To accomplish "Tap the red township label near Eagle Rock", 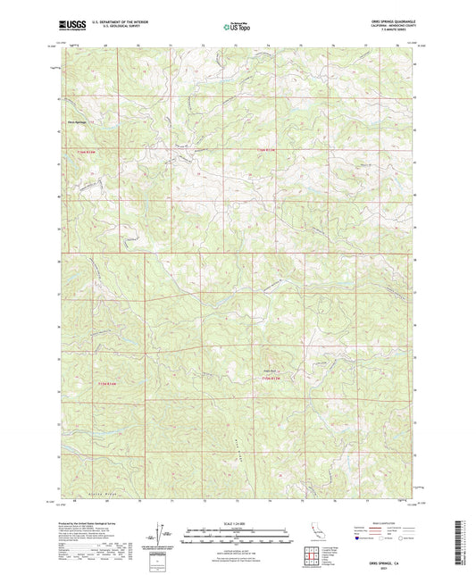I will (x=274, y=379).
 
